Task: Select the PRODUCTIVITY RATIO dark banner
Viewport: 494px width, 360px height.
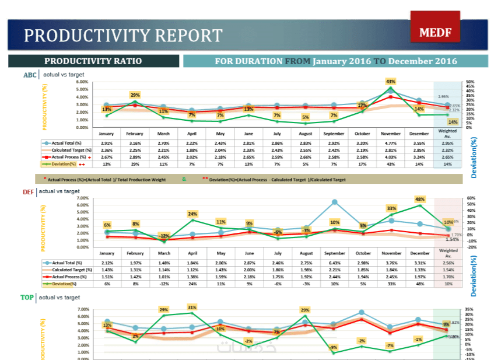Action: point(93,61)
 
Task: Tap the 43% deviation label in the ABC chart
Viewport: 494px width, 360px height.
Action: point(391,81)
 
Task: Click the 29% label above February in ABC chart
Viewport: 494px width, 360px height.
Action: point(135,95)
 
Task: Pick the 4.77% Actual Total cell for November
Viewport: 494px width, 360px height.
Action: point(391,142)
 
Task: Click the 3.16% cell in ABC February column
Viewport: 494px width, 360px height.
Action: point(135,142)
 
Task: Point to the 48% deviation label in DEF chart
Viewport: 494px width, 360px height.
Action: point(419,199)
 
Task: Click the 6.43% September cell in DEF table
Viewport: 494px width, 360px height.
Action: point(334,262)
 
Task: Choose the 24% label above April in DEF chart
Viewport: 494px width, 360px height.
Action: point(192,214)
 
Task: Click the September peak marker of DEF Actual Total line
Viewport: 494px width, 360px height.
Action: point(335,202)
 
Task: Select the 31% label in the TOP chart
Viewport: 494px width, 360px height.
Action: point(192,306)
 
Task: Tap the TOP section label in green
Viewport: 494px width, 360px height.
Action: point(27,298)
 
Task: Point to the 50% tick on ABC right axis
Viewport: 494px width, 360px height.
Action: point(470,82)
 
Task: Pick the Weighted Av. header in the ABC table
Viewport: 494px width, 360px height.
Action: point(447,134)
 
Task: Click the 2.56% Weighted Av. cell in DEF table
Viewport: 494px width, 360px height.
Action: point(447,262)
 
